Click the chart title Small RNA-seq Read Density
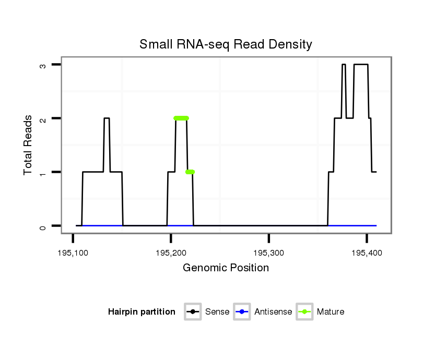coord(226,44)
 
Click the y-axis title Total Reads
coord(29,145)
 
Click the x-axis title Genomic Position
coord(226,268)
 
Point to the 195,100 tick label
coord(73,253)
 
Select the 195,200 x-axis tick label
coord(171,253)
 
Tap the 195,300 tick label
coord(268,253)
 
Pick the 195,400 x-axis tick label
coord(367,253)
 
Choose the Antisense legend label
coord(273,312)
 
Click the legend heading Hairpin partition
coord(142,312)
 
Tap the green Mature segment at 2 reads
coord(181,118)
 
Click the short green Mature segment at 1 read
coord(190,172)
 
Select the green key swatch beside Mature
coord(304,312)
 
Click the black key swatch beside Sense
coord(193,312)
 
